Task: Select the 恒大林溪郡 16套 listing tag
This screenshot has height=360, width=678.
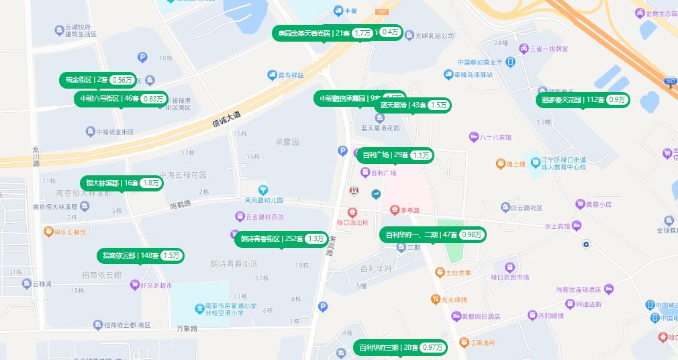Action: (122, 183)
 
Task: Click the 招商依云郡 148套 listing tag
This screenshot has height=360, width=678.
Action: (140, 255)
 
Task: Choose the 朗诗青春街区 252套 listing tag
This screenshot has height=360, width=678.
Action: (282, 238)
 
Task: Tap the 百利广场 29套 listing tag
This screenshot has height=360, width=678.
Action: (395, 155)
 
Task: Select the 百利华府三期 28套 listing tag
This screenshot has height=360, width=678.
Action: (400, 347)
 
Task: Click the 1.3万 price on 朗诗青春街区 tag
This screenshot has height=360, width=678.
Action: (316, 238)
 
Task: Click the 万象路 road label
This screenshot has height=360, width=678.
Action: (187, 328)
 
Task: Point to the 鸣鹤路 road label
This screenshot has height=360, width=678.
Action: (181, 204)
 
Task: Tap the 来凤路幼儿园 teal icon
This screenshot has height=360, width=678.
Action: (264, 191)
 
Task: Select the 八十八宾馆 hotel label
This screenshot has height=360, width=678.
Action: (495, 137)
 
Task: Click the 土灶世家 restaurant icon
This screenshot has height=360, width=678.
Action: (440, 273)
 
